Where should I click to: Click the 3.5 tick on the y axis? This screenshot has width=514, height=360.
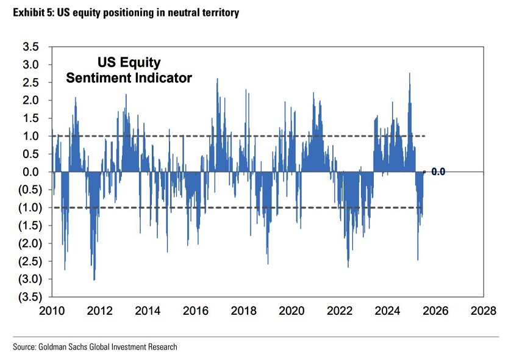click(x=30, y=47)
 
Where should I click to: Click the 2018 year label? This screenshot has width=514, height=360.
click(x=245, y=310)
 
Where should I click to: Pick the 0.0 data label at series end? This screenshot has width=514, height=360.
click(x=438, y=172)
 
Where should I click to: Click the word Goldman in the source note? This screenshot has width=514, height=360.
click(x=55, y=347)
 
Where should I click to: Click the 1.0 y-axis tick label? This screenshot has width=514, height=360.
click(x=30, y=136)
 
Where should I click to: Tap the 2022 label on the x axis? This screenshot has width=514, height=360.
click(x=340, y=310)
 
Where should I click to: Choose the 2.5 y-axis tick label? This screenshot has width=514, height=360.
click(x=30, y=82)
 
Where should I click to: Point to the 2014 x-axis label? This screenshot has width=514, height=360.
click(x=148, y=310)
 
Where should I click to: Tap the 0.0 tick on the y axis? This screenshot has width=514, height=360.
click(x=30, y=172)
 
